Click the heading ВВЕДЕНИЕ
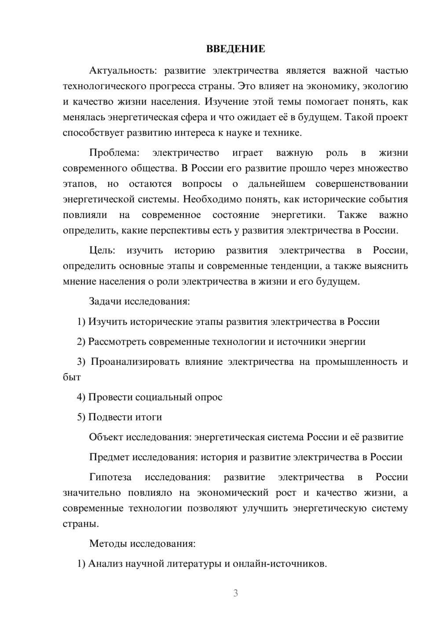pyautogui.click(x=235, y=49)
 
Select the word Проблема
pyautogui.click(x=114, y=153)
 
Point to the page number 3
pyautogui.click(x=235, y=593)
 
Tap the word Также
pyautogui.click(x=352, y=215)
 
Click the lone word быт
pyautogui.click(x=72, y=378)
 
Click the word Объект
pyautogui.click(x=106, y=437)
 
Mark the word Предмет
pyautogui.click(x=109, y=457)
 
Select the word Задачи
pyautogui.click(x=106, y=302)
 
